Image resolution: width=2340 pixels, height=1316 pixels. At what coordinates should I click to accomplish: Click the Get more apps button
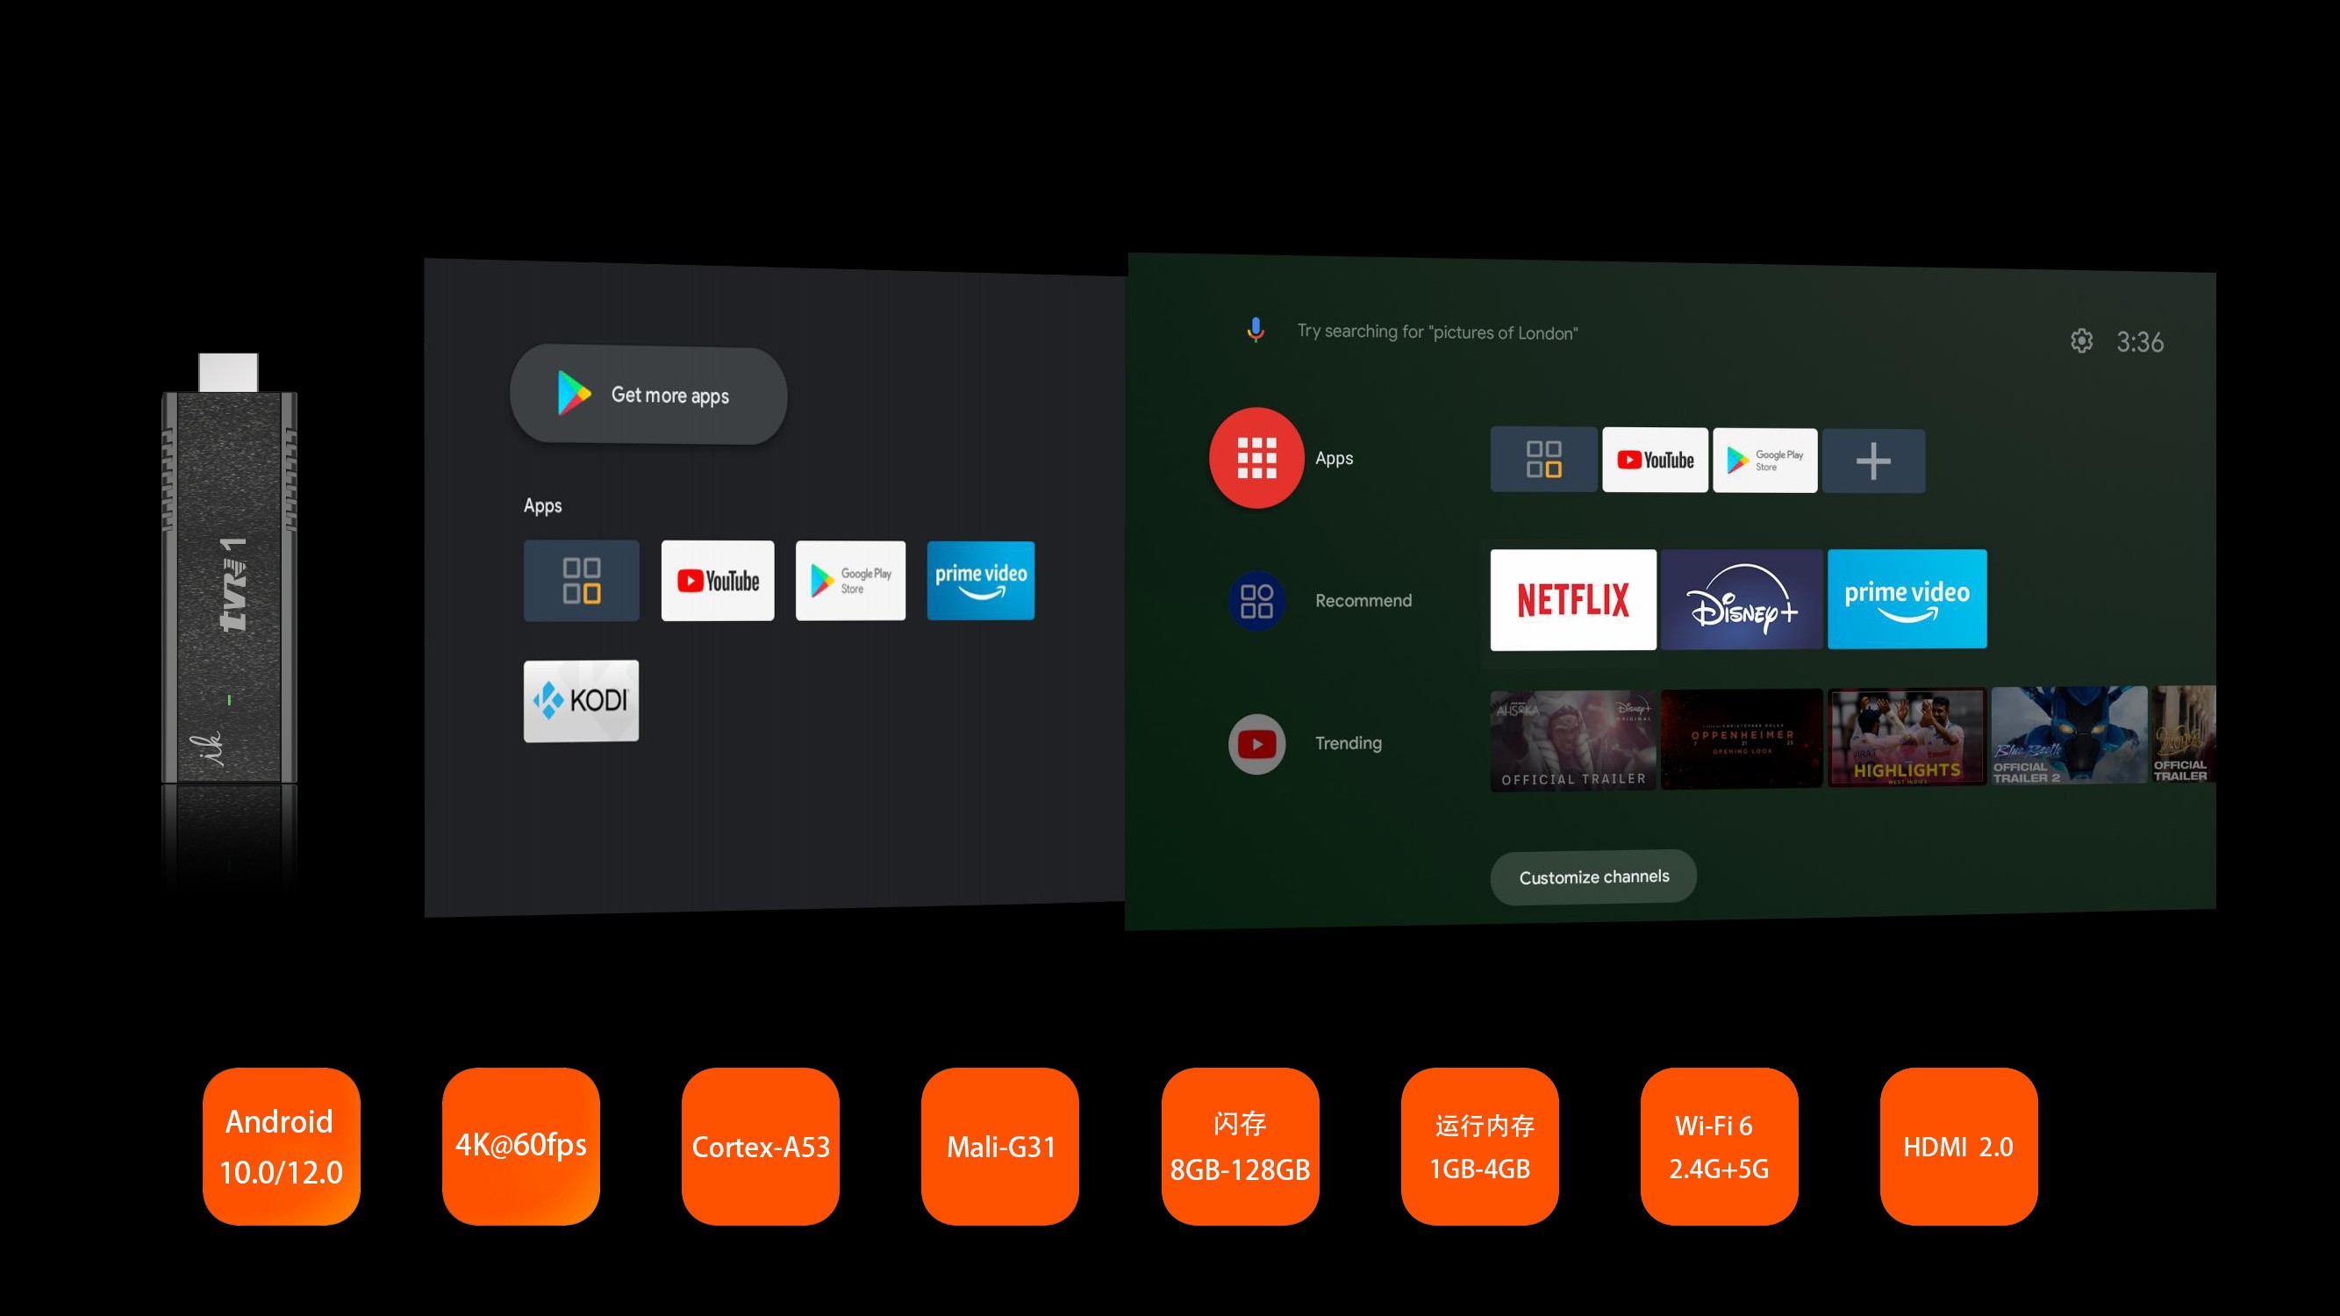tap(648, 395)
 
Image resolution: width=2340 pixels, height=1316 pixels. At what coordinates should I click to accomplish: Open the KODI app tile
tap(582, 700)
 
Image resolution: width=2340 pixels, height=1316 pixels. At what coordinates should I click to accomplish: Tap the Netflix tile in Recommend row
tap(1572, 599)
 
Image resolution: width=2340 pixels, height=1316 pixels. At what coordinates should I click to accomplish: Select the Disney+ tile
tap(1742, 599)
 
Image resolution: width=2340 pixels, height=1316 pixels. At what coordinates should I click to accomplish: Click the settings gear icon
tap(2081, 340)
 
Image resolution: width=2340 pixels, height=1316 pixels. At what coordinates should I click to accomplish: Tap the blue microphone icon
tap(1256, 330)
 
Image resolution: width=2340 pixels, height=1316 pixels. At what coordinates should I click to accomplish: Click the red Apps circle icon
tap(1256, 458)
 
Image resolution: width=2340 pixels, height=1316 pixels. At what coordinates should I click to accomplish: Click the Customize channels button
tap(1593, 876)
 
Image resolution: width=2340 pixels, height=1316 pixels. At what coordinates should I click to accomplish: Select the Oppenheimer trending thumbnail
tap(1742, 738)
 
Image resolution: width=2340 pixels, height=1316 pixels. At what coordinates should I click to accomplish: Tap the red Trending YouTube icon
tap(1256, 744)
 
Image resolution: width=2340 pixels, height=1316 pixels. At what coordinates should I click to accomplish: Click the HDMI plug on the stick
tap(228, 372)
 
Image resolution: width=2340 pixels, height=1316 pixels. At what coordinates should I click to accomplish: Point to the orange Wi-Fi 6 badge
tap(1719, 1146)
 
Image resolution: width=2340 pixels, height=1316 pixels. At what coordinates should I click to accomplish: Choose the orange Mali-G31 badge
tap(999, 1146)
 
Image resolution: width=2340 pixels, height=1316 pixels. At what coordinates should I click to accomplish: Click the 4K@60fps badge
tap(520, 1146)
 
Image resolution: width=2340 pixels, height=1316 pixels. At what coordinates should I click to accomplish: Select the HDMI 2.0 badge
tap(1958, 1146)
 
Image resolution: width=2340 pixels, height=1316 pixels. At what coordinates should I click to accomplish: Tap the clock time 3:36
tap(2139, 342)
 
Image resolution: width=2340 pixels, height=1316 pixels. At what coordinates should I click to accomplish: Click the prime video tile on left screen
tap(980, 580)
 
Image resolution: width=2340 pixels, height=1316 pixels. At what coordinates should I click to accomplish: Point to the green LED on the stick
tap(229, 699)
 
